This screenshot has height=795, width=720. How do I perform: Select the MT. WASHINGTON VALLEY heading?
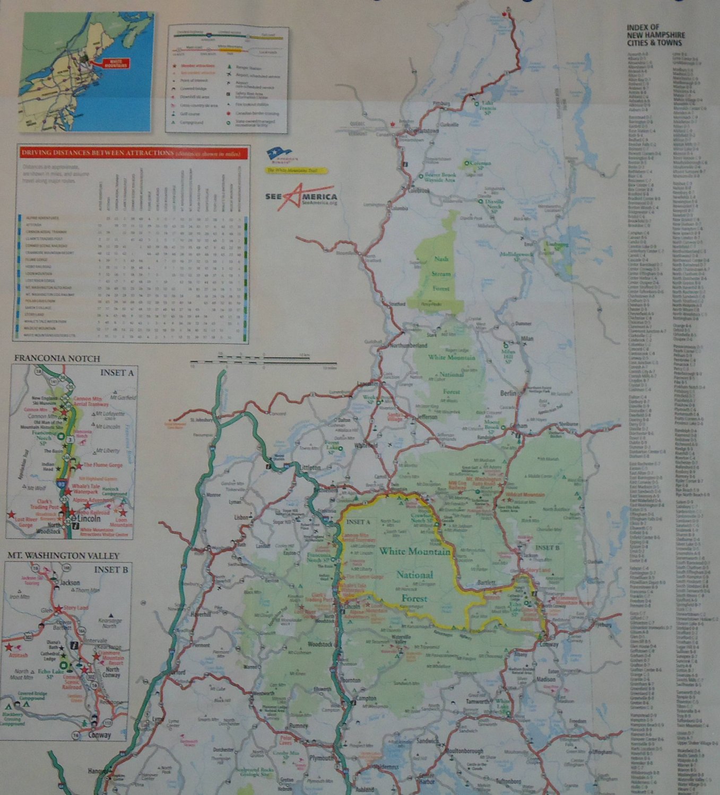click(63, 555)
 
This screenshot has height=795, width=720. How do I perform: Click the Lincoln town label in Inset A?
click(89, 519)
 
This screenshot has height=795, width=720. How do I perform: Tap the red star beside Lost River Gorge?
click(11, 514)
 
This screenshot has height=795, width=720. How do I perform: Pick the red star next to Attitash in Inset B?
click(9, 647)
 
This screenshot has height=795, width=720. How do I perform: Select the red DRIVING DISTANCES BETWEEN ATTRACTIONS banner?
click(133, 153)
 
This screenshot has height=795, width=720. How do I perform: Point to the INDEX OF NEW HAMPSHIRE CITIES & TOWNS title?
click(654, 35)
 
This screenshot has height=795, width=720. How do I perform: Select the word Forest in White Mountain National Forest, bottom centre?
click(414, 598)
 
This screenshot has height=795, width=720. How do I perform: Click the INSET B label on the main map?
click(546, 547)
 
